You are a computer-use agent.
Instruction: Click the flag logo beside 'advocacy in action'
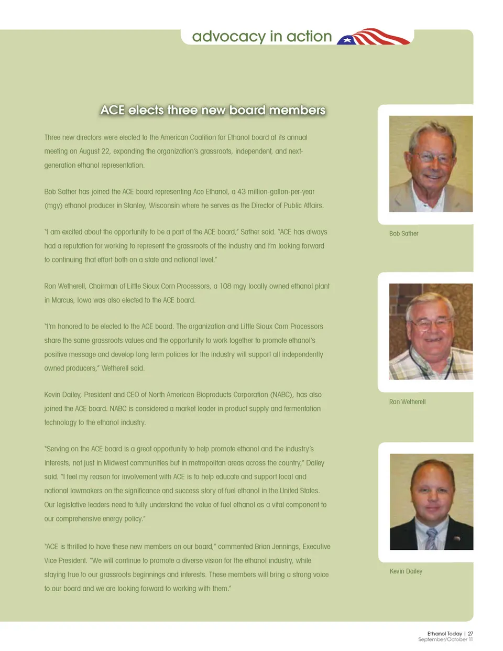click(x=374, y=37)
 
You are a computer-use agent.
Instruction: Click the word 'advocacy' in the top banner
click(x=228, y=37)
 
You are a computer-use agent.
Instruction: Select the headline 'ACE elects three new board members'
click(x=213, y=110)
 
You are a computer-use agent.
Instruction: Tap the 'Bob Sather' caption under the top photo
click(x=403, y=234)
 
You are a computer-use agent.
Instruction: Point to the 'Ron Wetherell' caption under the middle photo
click(x=407, y=402)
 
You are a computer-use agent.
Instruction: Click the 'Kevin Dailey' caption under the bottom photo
click(x=406, y=571)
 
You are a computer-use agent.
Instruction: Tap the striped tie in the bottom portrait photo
click(x=431, y=538)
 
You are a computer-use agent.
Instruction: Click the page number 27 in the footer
click(x=471, y=634)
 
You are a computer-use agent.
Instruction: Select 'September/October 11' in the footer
click(x=445, y=639)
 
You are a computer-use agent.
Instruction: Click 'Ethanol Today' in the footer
click(x=444, y=634)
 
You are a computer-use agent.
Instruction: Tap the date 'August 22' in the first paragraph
click(x=94, y=151)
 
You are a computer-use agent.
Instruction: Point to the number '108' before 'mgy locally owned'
click(x=225, y=286)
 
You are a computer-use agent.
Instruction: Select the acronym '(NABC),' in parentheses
click(x=281, y=395)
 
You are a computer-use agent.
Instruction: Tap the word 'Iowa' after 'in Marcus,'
click(x=84, y=300)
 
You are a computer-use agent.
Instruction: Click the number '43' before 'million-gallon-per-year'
click(x=242, y=192)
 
